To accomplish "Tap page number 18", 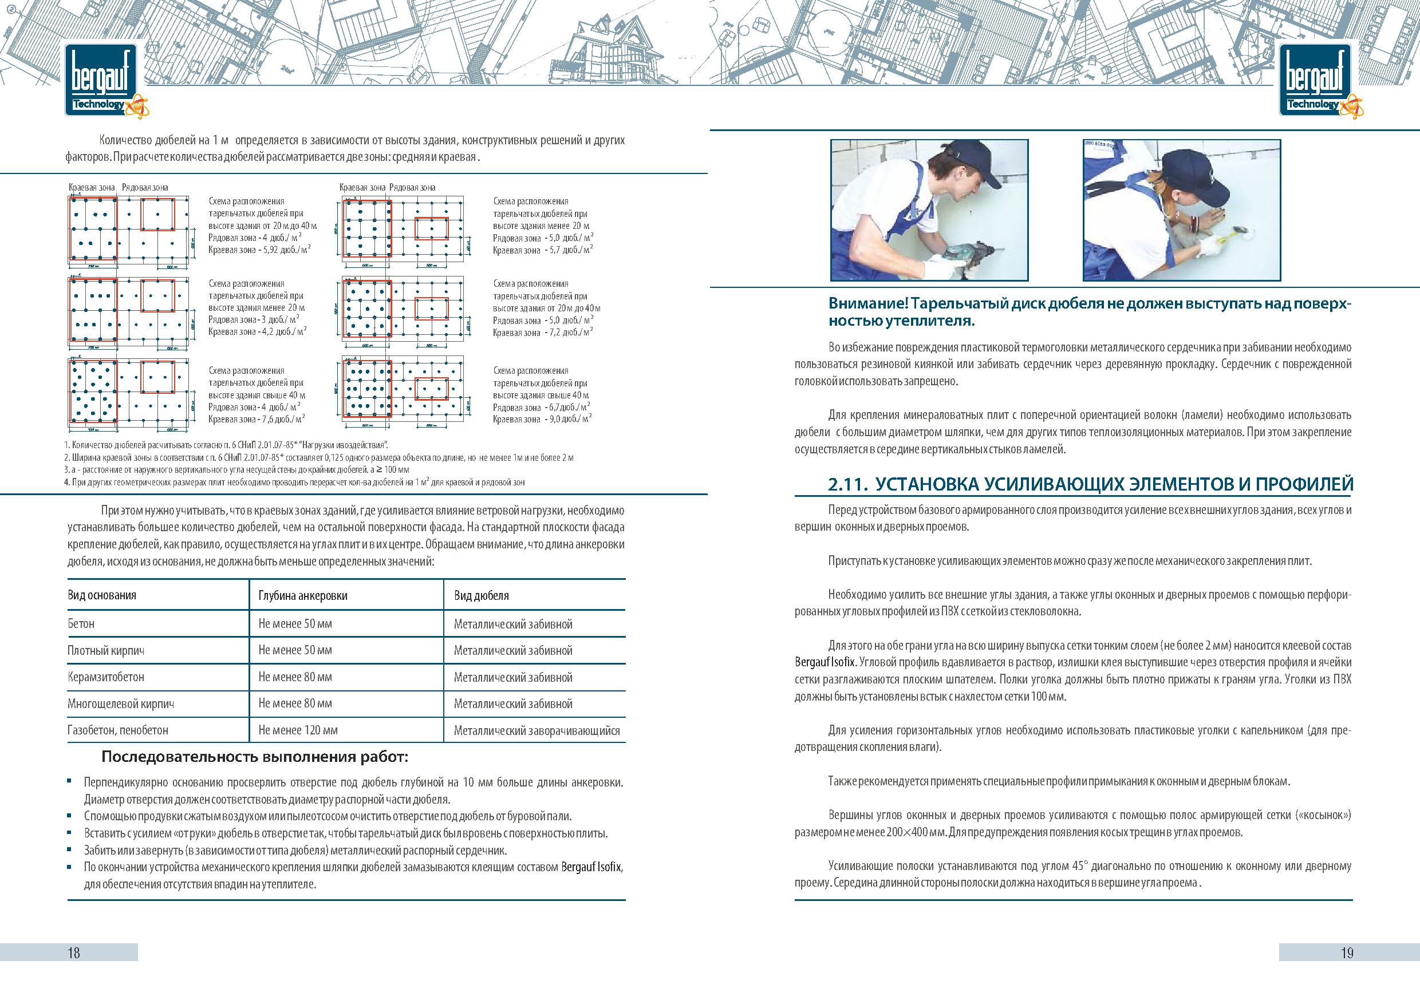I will tap(74, 952).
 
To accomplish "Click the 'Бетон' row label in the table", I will tap(81, 624).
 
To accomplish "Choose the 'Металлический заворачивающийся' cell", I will tap(536, 731).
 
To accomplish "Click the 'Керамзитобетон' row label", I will tap(106, 677).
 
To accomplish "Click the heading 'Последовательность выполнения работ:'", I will tap(255, 757).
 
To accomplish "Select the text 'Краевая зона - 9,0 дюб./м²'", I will tap(542, 420).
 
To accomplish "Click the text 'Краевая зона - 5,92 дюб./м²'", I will tap(259, 250).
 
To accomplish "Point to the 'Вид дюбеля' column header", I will tap(481, 595).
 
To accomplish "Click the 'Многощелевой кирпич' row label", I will tap(121, 703).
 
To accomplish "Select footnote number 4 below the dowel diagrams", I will tap(67, 481).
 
